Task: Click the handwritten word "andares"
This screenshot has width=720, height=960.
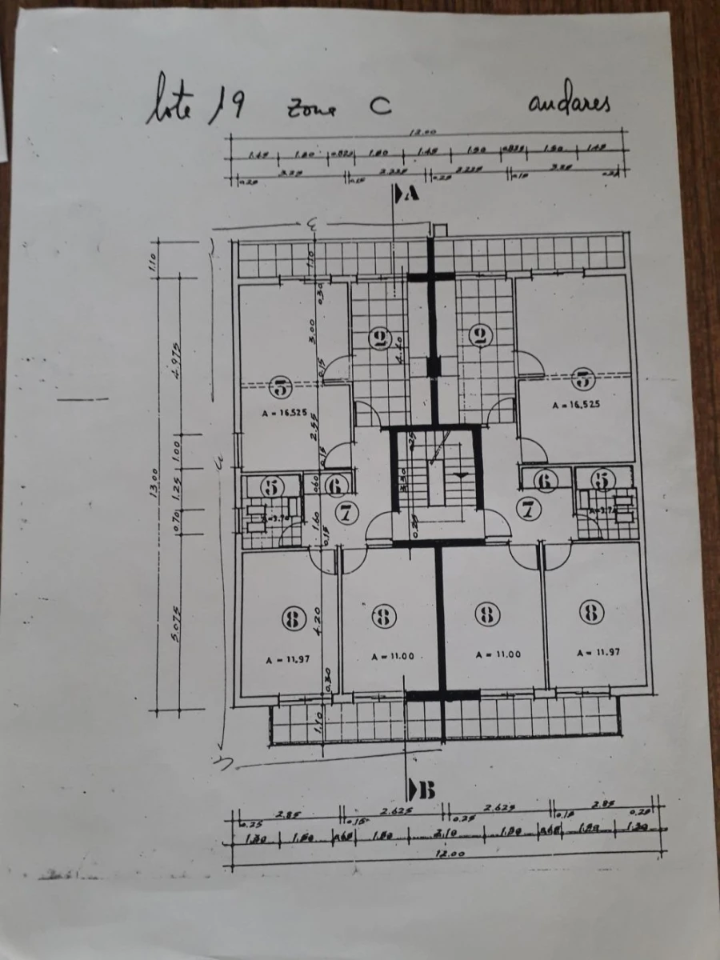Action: tap(569, 104)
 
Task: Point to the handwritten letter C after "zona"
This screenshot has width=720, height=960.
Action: tap(378, 108)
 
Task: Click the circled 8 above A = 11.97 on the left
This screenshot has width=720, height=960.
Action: tap(294, 617)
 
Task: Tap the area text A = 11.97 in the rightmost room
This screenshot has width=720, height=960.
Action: tap(598, 652)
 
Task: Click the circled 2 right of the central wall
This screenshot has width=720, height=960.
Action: tap(480, 336)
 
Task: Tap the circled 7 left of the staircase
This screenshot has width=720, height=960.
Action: tap(346, 513)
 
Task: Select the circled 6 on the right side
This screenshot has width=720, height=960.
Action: tap(546, 482)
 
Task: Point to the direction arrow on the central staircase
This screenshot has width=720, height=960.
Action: tap(461, 475)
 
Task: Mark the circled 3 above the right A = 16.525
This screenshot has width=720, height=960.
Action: tap(583, 378)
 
